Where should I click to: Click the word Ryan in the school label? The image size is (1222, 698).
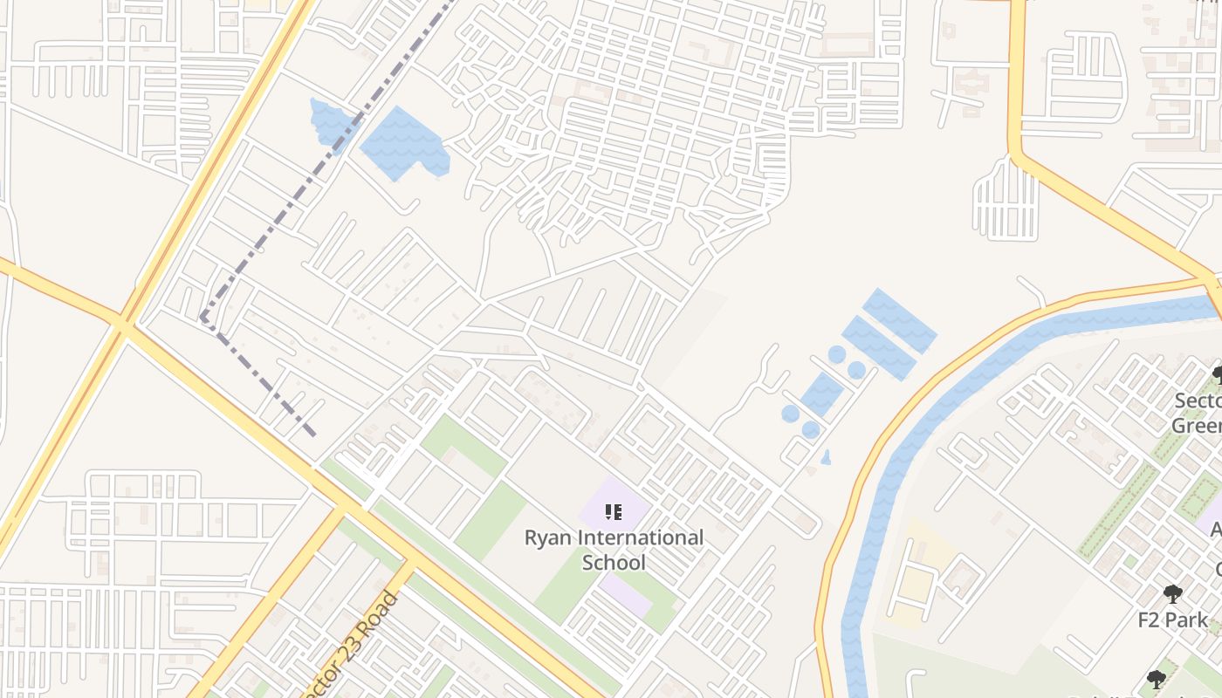point(547,537)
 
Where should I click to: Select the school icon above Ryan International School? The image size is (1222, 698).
point(614,512)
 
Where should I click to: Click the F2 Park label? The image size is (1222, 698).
point(1172,620)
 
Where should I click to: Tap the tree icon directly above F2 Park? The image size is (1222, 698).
point(1172,595)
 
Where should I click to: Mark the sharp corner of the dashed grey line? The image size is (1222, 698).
point(203,318)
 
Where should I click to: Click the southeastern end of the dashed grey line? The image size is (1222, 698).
point(312,434)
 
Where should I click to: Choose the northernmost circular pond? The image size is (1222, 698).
point(837,354)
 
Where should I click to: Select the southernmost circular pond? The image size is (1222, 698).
point(811,429)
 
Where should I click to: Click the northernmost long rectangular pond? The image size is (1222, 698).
point(899,319)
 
